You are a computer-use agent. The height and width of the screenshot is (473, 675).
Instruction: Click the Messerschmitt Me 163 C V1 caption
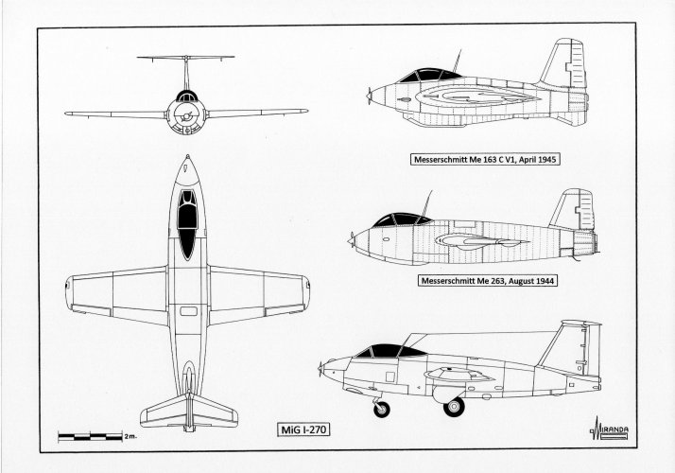pyautogui.click(x=484, y=161)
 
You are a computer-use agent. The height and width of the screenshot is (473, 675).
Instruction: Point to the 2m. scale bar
pyautogui.click(x=95, y=438)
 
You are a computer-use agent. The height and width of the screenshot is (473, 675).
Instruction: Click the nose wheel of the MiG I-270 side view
pyautogui.click(x=382, y=411)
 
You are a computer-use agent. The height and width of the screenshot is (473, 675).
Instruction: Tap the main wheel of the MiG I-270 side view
pyautogui.click(x=454, y=407)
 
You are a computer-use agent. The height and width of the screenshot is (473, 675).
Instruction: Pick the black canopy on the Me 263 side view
pyautogui.click(x=402, y=219)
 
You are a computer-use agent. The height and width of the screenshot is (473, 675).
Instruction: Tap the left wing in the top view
pyautogui.click(x=113, y=293)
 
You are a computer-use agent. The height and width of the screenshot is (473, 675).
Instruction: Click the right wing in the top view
pyautogui.click(x=260, y=293)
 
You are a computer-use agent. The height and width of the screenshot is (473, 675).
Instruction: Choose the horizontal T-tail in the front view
pyautogui.click(x=186, y=58)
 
